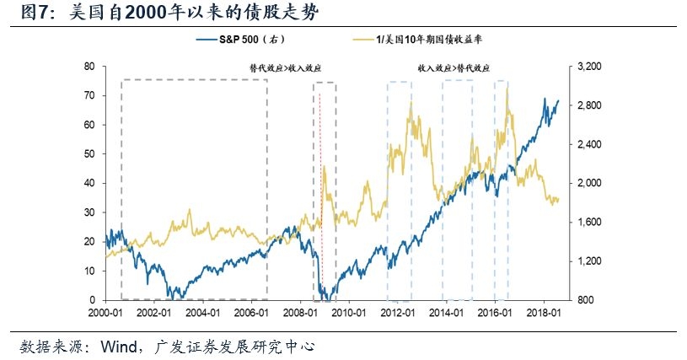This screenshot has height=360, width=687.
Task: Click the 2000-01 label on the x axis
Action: click(109, 312)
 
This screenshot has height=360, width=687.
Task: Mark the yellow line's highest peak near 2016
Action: click(507, 89)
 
